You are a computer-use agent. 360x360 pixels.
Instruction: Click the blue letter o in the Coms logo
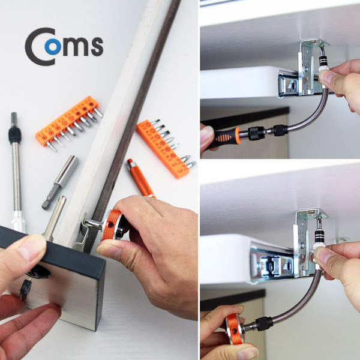coord(53,46)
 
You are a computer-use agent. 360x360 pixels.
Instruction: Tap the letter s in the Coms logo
coord(97,46)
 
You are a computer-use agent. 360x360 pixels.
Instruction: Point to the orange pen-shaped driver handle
coord(140,178)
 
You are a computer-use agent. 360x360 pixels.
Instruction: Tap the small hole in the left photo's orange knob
coord(111,226)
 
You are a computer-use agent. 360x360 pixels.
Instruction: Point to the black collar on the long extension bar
coord(15,136)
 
